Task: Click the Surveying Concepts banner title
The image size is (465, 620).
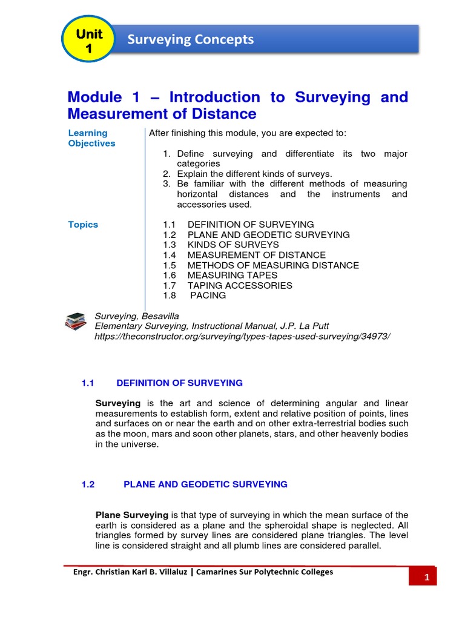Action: pyautogui.click(x=190, y=40)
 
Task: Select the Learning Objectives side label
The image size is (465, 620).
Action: pyautogui.click(x=91, y=138)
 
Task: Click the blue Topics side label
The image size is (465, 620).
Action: pyautogui.click(x=83, y=225)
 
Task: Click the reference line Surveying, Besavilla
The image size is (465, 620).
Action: pyautogui.click(x=137, y=316)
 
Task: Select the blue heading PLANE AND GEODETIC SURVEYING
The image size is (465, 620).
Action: pyautogui.click(x=205, y=484)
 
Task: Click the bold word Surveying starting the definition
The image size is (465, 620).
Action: pyautogui.click(x=118, y=403)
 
